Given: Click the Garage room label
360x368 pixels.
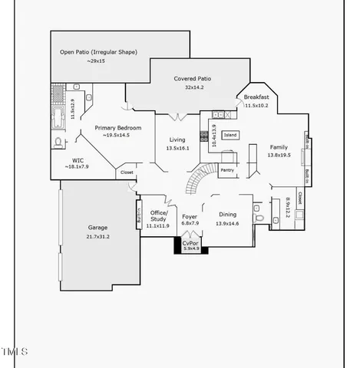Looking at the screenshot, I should click(x=97, y=228).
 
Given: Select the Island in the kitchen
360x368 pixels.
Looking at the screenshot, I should click(x=230, y=136).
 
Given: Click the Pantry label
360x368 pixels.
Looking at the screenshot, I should click(x=227, y=169).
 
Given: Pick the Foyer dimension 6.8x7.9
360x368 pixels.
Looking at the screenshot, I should click(x=190, y=224).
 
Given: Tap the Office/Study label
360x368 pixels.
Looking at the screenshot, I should click(x=158, y=216).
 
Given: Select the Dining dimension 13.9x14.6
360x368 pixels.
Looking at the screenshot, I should click(x=227, y=224).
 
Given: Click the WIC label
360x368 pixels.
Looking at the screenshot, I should click(x=78, y=160).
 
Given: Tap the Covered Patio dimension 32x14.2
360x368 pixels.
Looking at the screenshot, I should click(x=192, y=87).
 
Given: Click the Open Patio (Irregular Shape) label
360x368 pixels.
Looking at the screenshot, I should click(x=98, y=52).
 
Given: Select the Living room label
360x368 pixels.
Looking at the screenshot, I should click(x=177, y=140).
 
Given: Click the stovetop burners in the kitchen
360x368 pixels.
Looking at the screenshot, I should click(x=204, y=137).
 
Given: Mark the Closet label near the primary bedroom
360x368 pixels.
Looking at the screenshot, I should click(x=127, y=173).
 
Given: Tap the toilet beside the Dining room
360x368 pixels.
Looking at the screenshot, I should click(x=261, y=219).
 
